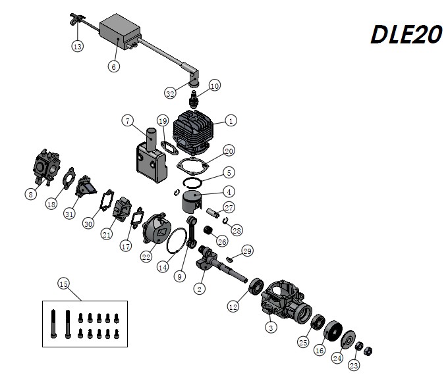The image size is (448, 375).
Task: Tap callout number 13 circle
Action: [x=78, y=46]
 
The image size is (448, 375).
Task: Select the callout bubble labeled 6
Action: [x=114, y=66]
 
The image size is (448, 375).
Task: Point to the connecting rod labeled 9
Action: [x=194, y=234]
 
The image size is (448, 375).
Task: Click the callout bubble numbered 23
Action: [x=354, y=364]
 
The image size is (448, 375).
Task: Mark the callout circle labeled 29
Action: [x=247, y=251]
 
